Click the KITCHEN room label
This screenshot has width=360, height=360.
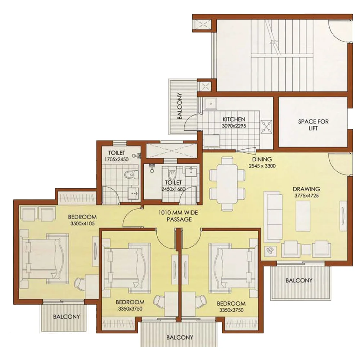tap(234, 120)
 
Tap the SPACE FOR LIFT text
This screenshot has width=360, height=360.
tap(313, 125)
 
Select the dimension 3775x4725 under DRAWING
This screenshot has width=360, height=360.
tap(306, 196)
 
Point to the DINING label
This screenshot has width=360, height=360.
tap(262, 159)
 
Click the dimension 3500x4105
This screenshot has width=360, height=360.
tap(82, 224)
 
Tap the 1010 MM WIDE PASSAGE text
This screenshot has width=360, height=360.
tap(179, 216)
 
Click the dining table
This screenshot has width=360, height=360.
tap(227, 184)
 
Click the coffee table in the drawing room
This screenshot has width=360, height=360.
tap(303, 216)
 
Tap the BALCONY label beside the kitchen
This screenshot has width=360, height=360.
tap(180, 106)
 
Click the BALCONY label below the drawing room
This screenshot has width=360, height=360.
tap(299, 280)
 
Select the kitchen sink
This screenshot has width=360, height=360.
tap(211, 104)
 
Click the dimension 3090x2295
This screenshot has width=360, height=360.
tap(234, 126)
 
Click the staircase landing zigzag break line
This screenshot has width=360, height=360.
tap(273, 37)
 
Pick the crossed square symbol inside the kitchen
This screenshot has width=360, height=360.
tap(266, 126)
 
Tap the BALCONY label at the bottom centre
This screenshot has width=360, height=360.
tap(180, 338)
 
